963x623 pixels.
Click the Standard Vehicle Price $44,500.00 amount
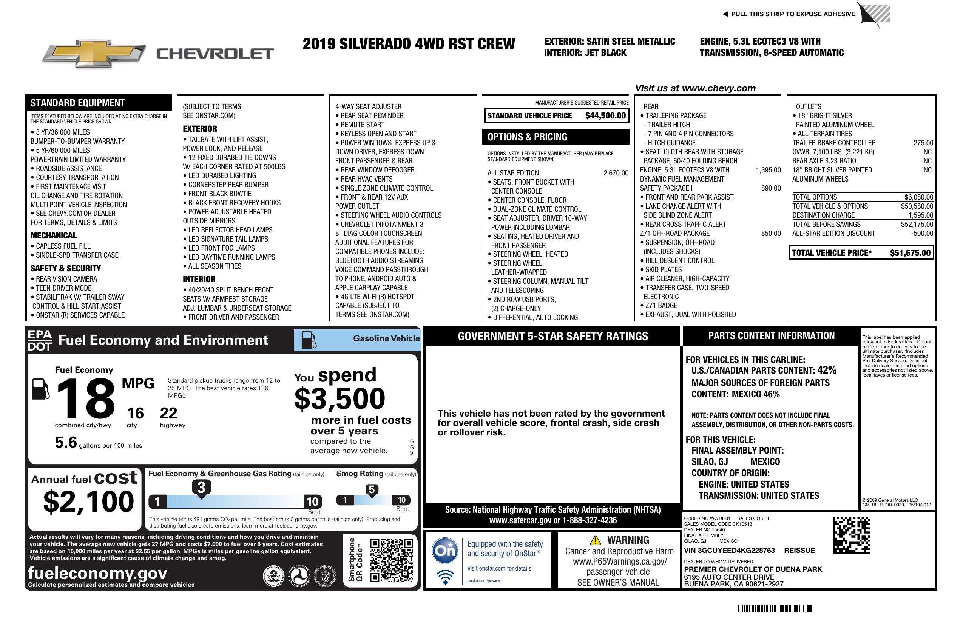pyautogui.click(x=605, y=116)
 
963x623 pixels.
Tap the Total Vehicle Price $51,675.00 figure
pyautogui.click(x=910, y=253)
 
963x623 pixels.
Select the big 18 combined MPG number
pyautogui.click(x=86, y=398)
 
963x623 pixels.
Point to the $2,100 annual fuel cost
pyautogui.click(x=89, y=501)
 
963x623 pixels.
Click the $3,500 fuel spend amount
pyautogui.click(x=340, y=398)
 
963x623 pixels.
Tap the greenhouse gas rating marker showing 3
pyautogui.click(x=201, y=488)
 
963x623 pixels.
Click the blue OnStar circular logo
pyautogui.click(x=445, y=550)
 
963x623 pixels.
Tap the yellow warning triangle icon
pyautogui.click(x=595, y=540)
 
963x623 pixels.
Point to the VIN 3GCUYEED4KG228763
pyautogui.click(x=729, y=550)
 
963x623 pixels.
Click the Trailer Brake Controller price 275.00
pyautogui.click(x=923, y=143)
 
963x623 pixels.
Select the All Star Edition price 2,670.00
pyautogui.click(x=616, y=173)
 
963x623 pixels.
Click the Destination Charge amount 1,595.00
pyautogui.click(x=921, y=215)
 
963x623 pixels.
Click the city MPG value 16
pyautogui.click(x=135, y=413)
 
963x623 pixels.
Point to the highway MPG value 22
pyautogui.click(x=168, y=413)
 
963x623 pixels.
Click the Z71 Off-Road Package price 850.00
pyautogui.click(x=771, y=233)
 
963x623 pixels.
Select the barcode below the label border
pyautogui.click(x=775, y=608)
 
